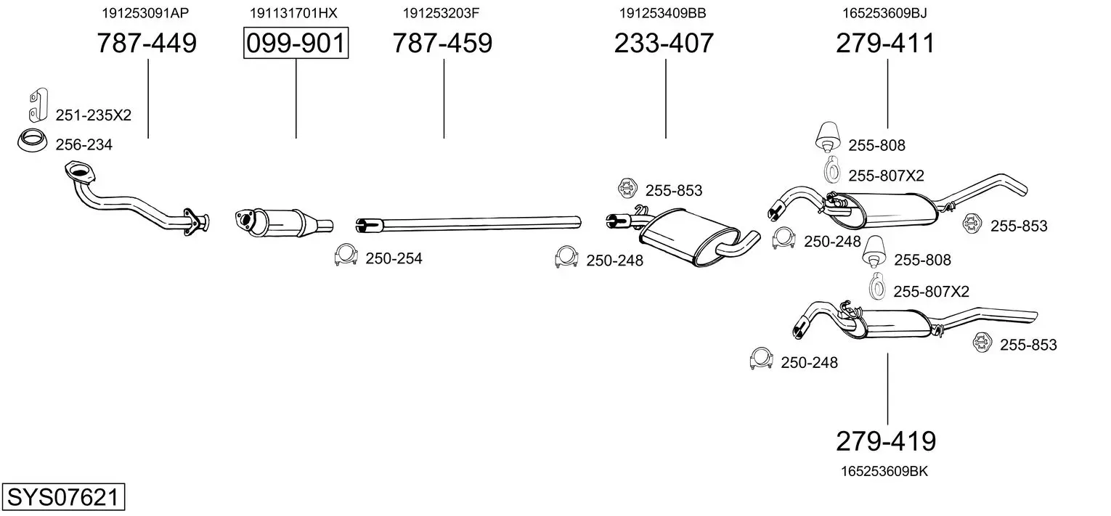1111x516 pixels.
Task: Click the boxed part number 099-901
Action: pos(296,43)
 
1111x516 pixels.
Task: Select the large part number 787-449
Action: pos(147,43)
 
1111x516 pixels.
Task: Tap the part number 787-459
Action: pos(442,43)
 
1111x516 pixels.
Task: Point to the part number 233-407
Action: pos(664,43)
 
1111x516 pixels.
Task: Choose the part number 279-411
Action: pos(885,43)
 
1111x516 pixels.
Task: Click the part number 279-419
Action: pos(886,441)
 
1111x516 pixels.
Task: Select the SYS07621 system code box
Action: pos(63,496)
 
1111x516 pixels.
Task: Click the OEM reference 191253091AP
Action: pos(145,13)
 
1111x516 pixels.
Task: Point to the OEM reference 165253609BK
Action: pos(884,471)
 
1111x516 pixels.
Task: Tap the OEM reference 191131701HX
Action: pos(293,13)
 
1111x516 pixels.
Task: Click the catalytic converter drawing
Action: pos(282,223)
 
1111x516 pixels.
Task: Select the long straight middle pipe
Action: pos(468,224)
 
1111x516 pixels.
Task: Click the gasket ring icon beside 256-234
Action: pos(32,141)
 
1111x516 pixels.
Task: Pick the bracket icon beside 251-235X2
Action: pos(38,105)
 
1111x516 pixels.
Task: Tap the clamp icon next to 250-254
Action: pos(346,255)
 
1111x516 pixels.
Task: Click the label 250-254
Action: pos(394,258)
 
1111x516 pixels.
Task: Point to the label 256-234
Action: pos(84,144)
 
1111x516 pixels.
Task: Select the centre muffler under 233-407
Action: pos(689,237)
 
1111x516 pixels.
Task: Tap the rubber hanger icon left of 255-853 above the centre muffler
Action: pos(627,189)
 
